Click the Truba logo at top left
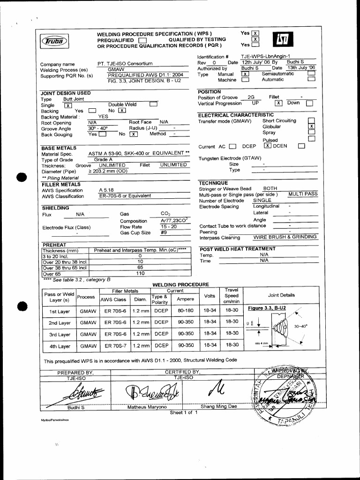click(55, 41)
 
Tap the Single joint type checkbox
click(67, 105)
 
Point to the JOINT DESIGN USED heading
click(66, 93)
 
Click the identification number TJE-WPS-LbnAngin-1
click(266, 56)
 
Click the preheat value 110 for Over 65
click(140, 273)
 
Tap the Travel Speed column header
click(232, 296)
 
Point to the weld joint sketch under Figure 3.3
click(281, 328)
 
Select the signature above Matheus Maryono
click(149, 391)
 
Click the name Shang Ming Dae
click(219, 407)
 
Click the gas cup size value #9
click(164, 232)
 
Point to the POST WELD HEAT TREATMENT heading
click(237, 249)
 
